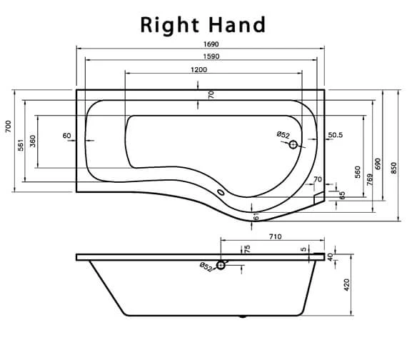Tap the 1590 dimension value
[x=199, y=56]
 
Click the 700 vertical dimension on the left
[x=8, y=126]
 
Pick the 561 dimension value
[x=21, y=143]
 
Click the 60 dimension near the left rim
[x=67, y=135]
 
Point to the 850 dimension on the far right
[x=393, y=166]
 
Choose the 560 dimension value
[x=357, y=171]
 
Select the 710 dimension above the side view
[x=275, y=236]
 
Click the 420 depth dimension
[x=347, y=286]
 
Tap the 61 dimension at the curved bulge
[x=256, y=215]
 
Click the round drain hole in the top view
[x=293, y=145]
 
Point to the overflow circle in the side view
[x=221, y=266]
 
